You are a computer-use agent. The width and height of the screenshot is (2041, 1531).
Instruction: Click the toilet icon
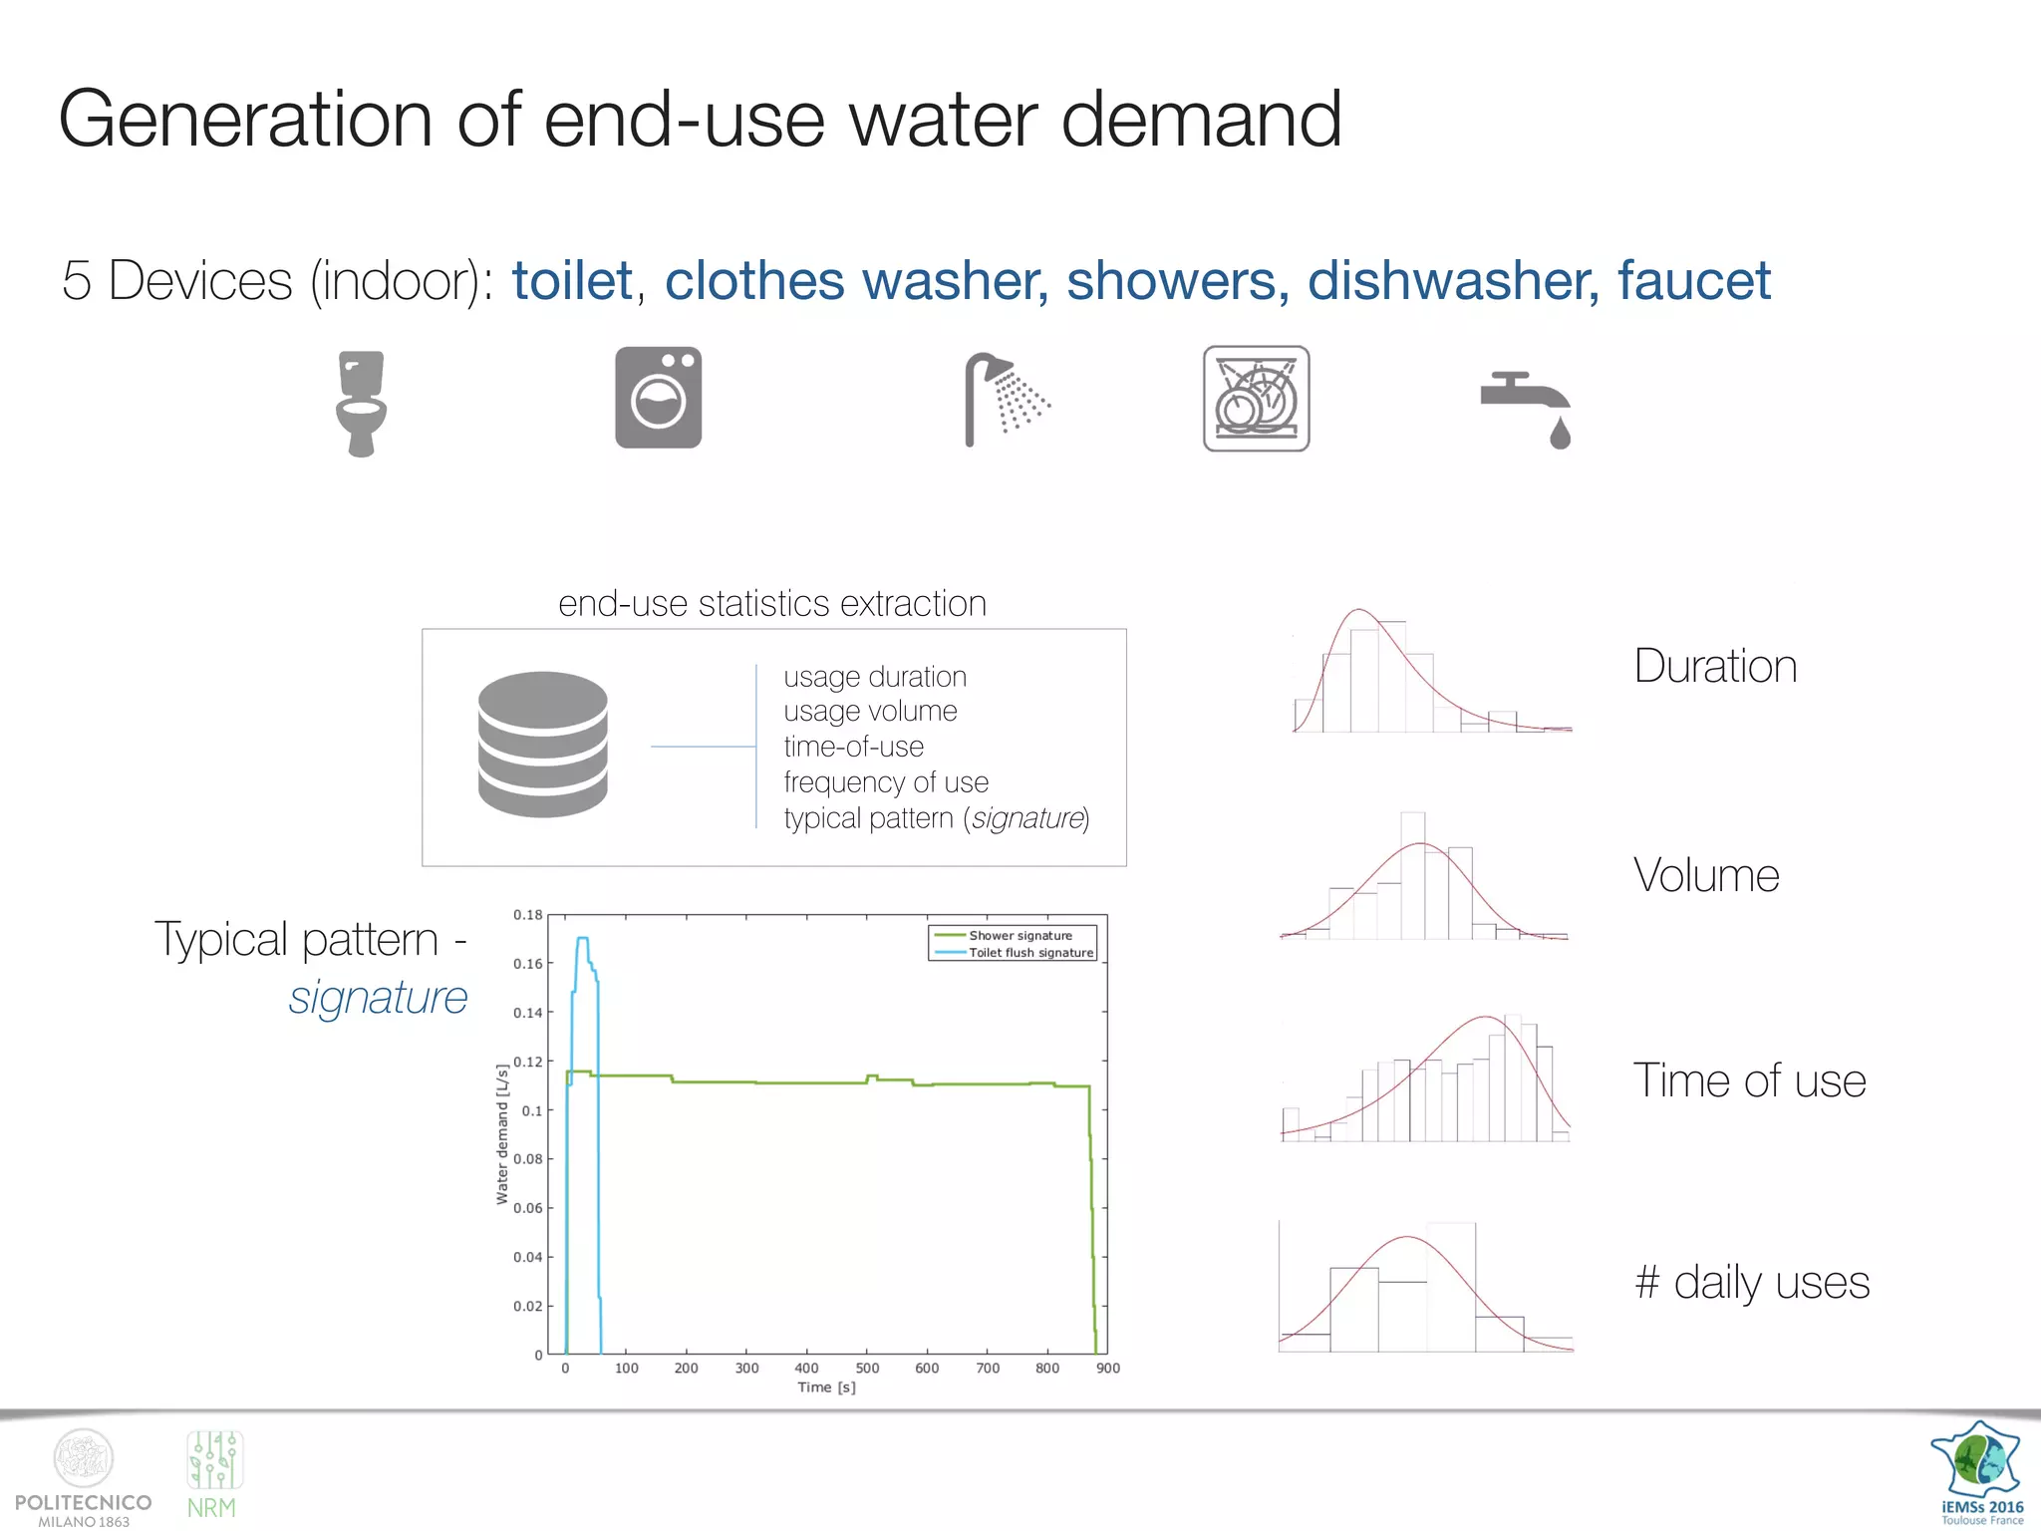click(360, 403)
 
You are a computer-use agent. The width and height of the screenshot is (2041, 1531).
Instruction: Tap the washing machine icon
click(658, 398)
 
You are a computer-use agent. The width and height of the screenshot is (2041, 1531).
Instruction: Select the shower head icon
click(1005, 399)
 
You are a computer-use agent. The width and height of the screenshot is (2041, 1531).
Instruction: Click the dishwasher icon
click(1256, 399)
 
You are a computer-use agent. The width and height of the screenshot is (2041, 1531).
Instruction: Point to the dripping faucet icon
click(1527, 410)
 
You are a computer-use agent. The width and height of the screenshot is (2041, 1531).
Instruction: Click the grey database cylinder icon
click(542, 744)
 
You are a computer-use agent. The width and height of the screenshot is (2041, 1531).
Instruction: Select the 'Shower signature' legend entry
click(1020, 935)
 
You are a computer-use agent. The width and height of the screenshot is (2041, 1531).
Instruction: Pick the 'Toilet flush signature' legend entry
click(1030, 953)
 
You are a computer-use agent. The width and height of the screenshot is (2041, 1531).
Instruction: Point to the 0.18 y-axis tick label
click(527, 915)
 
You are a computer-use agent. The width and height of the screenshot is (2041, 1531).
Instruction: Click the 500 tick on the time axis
click(867, 1369)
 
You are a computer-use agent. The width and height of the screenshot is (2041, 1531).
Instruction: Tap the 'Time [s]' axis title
click(826, 1387)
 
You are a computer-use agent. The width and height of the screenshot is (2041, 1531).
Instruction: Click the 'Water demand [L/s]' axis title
click(502, 1134)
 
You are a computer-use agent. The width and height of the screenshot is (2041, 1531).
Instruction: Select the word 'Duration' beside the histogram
click(1715, 666)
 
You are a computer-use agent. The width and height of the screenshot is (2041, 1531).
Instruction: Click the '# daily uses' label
click(1752, 1282)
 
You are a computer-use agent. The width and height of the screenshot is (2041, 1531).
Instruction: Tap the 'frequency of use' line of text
click(885, 782)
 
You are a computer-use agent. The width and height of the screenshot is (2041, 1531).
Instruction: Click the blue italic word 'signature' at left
click(378, 998)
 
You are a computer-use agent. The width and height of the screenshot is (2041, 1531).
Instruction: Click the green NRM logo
click(213, 1475)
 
